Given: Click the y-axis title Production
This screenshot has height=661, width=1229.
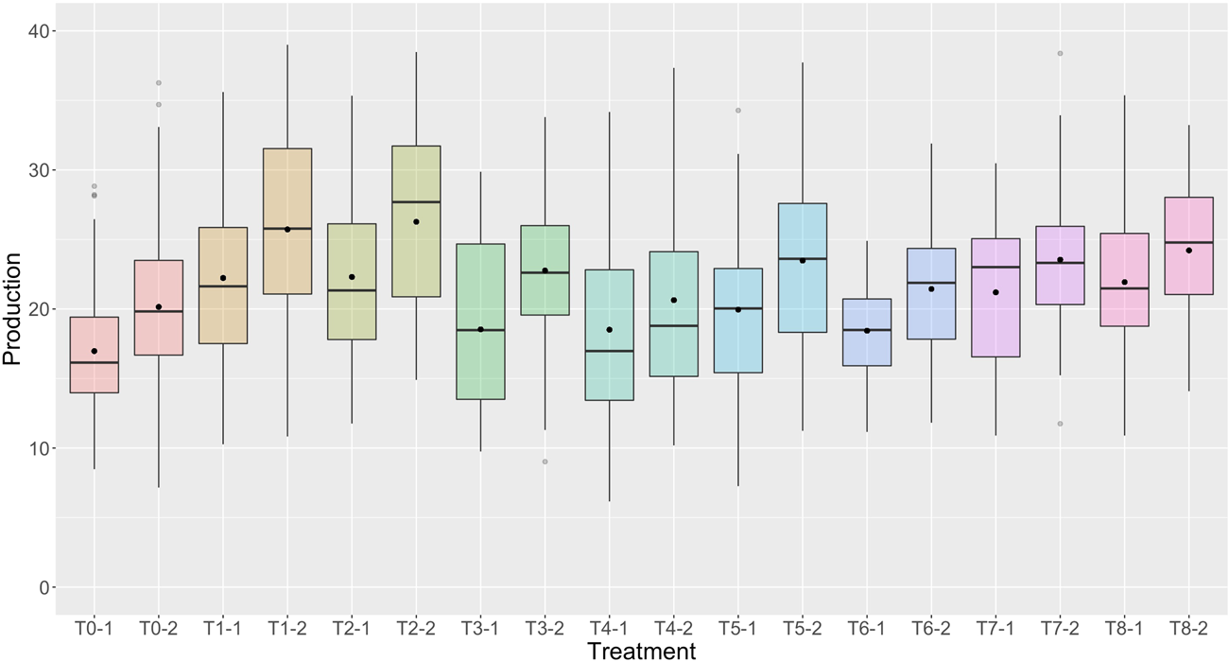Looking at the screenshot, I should [x=12, y=308].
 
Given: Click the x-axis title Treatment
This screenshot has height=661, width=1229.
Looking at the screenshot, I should [x=640, y=650].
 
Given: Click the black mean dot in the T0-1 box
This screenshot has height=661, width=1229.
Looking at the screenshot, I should [x=95, y=351].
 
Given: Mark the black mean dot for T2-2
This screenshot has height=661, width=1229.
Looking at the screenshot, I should [x=416, y=221].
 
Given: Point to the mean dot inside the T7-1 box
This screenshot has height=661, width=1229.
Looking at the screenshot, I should [x=995, y=292].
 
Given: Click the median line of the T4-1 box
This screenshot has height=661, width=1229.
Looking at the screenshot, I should [x=609, y=351].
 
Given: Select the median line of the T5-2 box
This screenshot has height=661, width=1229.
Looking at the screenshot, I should [x=802, y=258].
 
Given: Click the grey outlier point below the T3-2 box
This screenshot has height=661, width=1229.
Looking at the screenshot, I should [x=545, y=461].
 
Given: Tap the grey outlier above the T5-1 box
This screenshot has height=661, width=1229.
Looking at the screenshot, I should [x=737, y=111].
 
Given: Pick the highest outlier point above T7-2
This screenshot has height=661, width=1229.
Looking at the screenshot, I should [x=1060, y=54].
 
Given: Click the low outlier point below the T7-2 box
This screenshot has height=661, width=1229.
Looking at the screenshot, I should [x=1060, y=424].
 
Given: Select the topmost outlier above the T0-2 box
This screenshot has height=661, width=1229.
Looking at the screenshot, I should [x=159, y=83].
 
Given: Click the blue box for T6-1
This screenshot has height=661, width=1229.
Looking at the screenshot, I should [x=866, y=332].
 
